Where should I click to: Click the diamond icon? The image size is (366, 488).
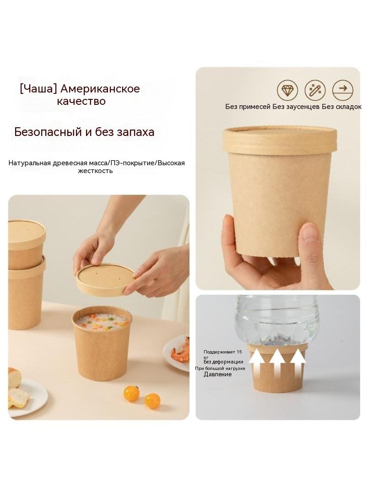[287, 90]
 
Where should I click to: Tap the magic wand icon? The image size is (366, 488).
[315, 90]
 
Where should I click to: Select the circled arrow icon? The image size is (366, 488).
[343, 90]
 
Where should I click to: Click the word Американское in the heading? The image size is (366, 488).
[100, 89]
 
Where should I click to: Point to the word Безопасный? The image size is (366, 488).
[48, 132]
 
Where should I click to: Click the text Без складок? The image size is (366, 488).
[341, 107]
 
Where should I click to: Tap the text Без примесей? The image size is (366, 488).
[248, 107]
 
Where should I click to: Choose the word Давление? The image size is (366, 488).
[217, 374]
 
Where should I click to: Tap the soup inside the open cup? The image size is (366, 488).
[102, 322]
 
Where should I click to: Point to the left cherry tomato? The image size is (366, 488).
[131, 393]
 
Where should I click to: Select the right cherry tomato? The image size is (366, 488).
[152, 401]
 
